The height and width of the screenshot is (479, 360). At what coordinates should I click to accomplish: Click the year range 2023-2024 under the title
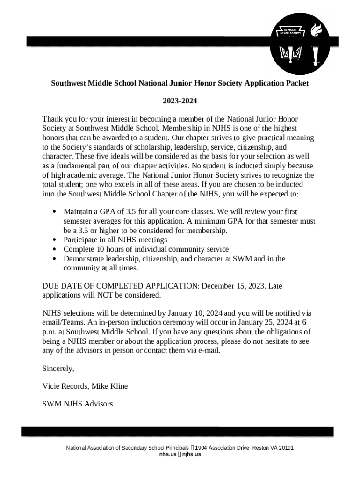click(x=180, y=101)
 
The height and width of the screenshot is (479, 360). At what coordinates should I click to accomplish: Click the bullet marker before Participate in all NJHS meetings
click(x=55, y=240)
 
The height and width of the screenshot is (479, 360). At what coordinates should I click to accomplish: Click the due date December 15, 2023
click(x=234, y=286)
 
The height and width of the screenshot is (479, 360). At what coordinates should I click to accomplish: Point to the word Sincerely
click(x=58, y=369)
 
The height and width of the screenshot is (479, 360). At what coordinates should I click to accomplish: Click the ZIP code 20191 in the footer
click(x=286, y=448)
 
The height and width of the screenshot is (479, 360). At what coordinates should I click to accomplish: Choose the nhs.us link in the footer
click(x=167, y=454)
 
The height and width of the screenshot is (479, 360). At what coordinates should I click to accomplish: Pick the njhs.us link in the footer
click(x=192, y=454)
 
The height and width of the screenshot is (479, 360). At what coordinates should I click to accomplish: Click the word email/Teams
click(x=64, y=323)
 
